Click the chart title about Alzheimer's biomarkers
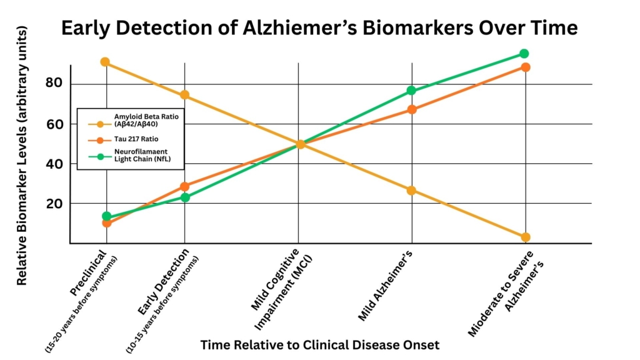point(319,29)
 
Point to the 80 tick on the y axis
point(54,84)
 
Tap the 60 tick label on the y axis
point(54,124)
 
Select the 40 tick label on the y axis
point(54,164)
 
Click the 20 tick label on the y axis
point(54,204)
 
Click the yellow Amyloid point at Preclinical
point(105,62)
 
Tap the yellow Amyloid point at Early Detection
point(184,95)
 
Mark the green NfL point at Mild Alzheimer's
point(411,91)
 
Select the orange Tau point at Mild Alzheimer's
point(411,109)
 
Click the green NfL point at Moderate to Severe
point(524,54)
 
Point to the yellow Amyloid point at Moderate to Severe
point(525,237)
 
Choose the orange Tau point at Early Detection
point(184,186)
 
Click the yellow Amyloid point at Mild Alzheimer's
point(411,191)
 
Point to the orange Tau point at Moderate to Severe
point(526,67)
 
